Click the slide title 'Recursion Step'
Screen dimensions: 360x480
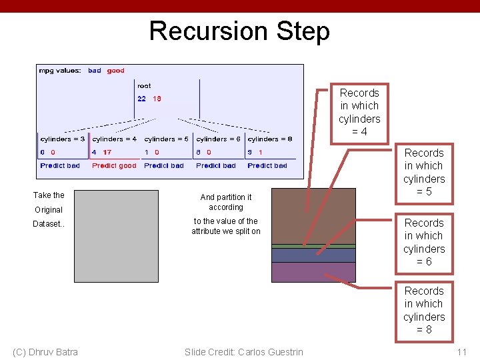(239, 31)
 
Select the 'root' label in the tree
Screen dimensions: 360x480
(144, 86)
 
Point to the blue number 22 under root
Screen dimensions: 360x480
(142, 99)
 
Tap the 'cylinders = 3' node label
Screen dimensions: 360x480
(63, 139)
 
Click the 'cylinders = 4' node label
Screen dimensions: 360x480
(114, 139)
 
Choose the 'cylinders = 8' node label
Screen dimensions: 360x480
(269, 139)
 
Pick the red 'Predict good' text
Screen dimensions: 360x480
(114, 165)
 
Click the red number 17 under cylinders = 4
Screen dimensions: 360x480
(107, 152)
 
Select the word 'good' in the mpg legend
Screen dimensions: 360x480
(116, 71)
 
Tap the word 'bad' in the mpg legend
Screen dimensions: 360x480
(95, 71)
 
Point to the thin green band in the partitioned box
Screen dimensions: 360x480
(304, 246)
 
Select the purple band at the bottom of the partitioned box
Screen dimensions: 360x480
(304, 272)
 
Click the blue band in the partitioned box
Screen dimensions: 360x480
(304, 255)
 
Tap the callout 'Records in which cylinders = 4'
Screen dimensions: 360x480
(359, 112)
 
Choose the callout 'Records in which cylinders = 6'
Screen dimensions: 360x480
(424, 242)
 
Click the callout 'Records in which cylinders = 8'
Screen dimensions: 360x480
(424, 310)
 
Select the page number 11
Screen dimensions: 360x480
(462, 352)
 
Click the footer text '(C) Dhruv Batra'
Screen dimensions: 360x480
(45, 352)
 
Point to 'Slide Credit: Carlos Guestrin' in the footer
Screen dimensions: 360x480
(243, 352)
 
